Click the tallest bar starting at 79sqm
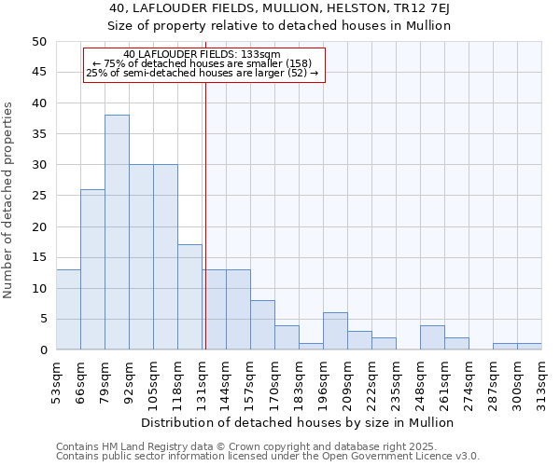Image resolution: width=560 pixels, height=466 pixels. pos(117,232)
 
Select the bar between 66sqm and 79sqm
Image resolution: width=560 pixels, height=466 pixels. pos(92,269)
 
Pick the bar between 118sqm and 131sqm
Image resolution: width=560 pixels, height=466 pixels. pos(189,297)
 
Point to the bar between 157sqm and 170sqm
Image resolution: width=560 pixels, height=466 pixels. pos(262,325)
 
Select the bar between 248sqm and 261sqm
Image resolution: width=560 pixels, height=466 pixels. pos(432,337)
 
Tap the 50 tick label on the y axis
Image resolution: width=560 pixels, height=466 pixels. pos(38,42)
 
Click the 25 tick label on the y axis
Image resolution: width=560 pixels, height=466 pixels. pos(38,196)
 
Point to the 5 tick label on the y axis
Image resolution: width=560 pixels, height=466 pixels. pos(42,319)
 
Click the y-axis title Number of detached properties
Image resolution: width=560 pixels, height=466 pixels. pos(9,200)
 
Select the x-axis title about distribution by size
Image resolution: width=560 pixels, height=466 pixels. pos(299,422)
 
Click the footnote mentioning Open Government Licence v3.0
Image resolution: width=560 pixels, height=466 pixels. pos(267,457)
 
